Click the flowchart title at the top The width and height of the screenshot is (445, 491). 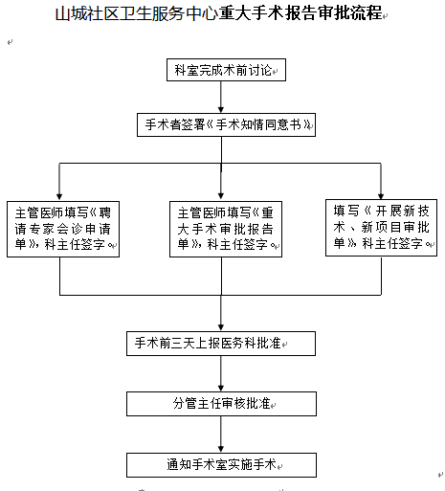pos(219,13)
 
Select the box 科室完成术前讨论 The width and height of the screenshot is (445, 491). pos(226,70)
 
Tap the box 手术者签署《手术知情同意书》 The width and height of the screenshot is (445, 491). pos(226,124)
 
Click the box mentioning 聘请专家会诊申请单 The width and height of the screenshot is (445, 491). pos(63,229)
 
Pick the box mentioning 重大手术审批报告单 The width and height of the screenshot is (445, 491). pos(226,229)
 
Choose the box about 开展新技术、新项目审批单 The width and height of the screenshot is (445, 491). pos(381,228)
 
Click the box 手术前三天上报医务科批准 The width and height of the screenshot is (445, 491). pos(221,344)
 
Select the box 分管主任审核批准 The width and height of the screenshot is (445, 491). pos(221,404)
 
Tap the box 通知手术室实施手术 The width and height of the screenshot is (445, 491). pos(221,465)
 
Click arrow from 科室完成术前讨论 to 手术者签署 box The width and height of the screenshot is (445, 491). pos(221,97)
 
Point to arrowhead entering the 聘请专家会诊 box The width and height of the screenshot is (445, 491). pos(59,196)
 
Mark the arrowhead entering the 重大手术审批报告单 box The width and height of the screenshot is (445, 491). pos(221,196)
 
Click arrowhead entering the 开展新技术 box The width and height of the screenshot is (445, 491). pos(381,196)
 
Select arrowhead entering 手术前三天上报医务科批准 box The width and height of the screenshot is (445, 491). pos(221,327)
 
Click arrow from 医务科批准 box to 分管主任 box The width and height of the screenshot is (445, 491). pos(221,373)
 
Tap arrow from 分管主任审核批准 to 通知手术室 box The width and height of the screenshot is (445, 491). pos(221,435)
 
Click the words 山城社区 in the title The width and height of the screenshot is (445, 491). pos(88,13)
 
